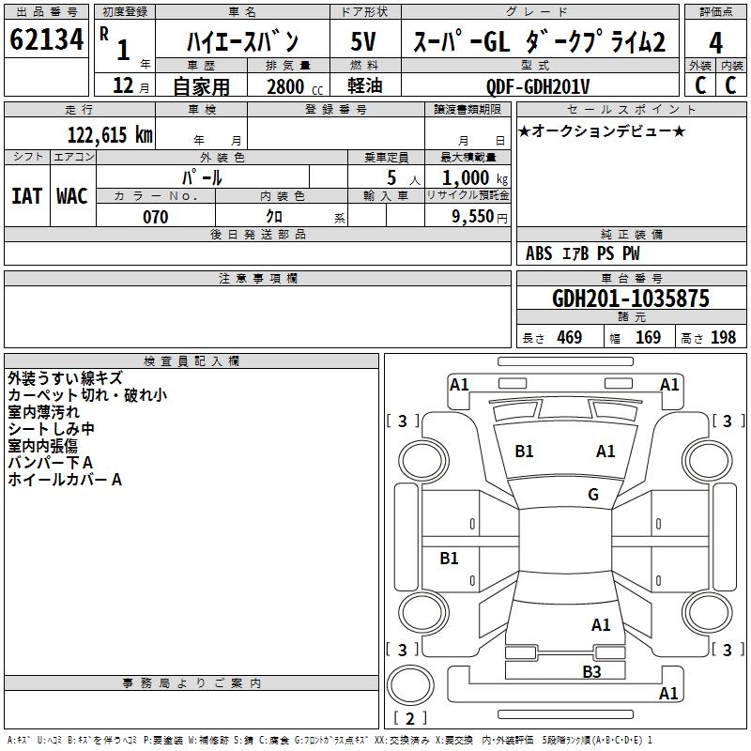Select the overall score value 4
(x=715, y=43)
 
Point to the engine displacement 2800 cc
(x=290, y=86)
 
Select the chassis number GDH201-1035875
(x=630, y=299)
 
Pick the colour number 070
(x=155, y=217)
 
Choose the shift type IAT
(x=26, y=196)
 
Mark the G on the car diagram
(x=593, y=495)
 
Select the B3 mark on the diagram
(x=590, y=671)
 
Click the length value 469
(x=569, y=338)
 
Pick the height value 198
(x=723, y=338)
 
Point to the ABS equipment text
(x=539, y=253)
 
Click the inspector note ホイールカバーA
(x=65, y=480)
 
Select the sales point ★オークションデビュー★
(x=602, y=130)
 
